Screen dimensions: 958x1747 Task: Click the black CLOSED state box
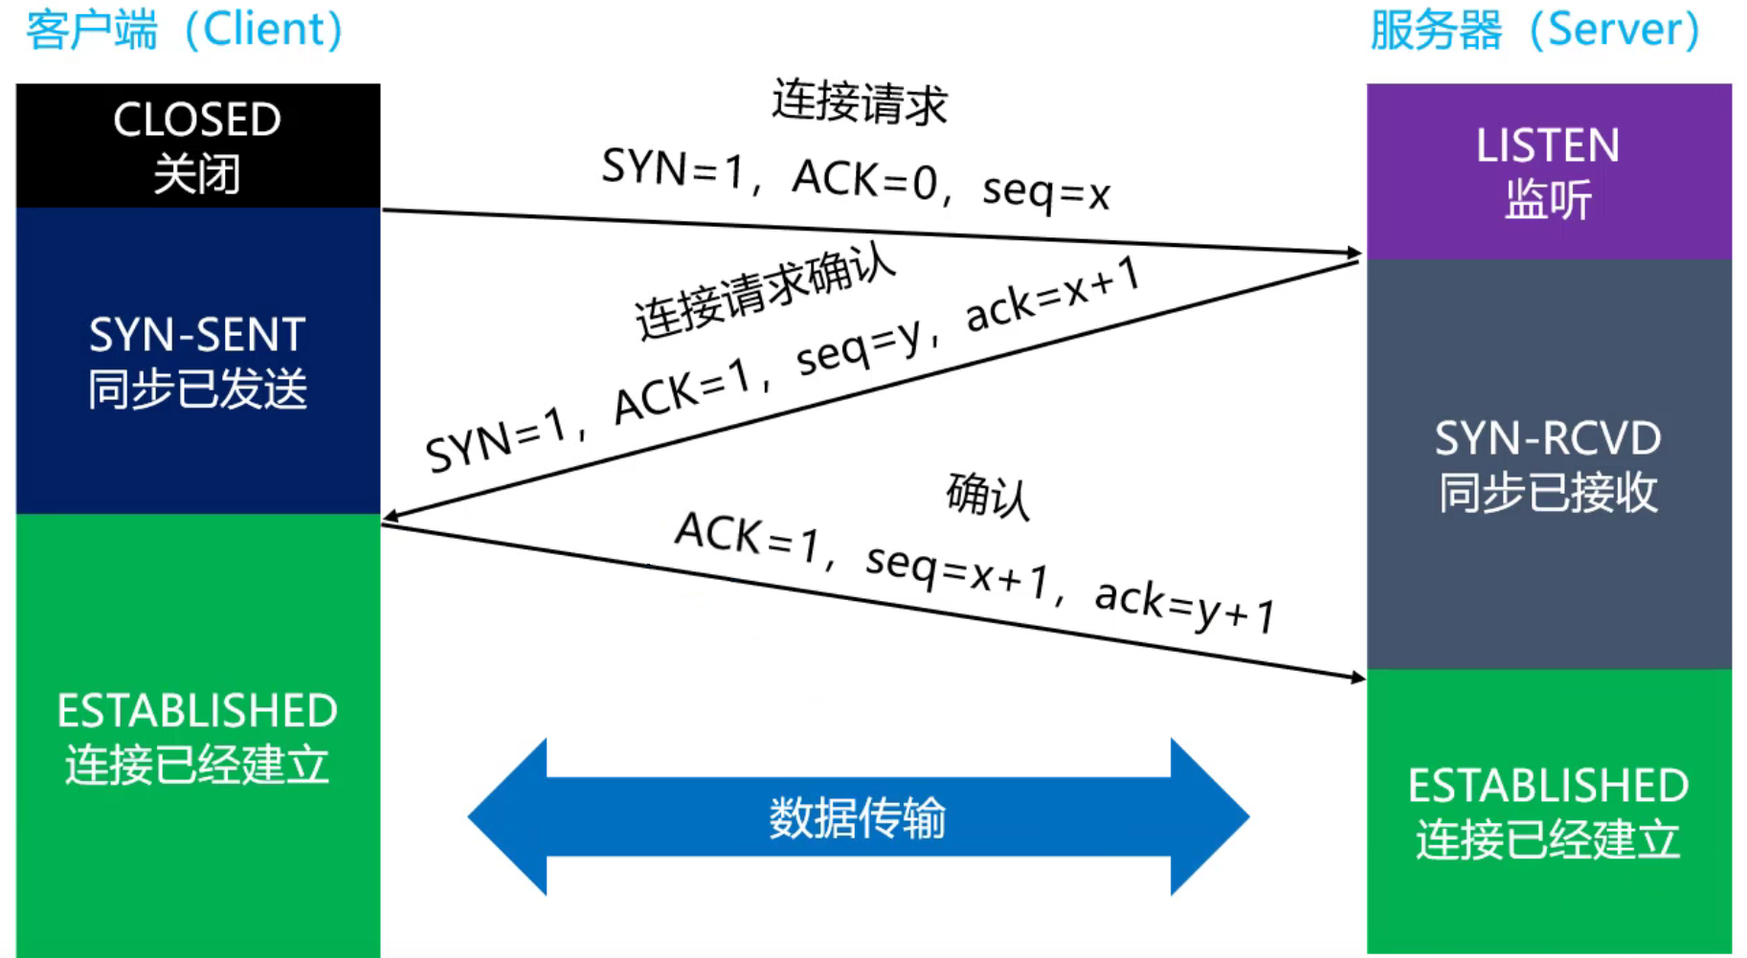pos(197,145)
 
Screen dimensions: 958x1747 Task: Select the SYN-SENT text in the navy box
pos(197,335)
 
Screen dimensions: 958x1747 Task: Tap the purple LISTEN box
pos(1548,171)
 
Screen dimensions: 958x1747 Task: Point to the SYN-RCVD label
pos(1548,439)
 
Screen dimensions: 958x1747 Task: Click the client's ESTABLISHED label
pos(197,711)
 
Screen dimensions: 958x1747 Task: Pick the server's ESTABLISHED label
pos(1548,786)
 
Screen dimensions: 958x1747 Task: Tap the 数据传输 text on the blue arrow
pos(858,818)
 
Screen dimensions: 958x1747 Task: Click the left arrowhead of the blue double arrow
pos(507,816)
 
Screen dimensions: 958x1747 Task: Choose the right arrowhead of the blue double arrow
pos(1210,816)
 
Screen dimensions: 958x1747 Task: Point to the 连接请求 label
pos(860,101)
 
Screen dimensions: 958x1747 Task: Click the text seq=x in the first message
pos(1046,191)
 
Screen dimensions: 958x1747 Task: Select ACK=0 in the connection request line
pos(864,179)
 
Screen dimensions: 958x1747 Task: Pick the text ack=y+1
pos(1185,606)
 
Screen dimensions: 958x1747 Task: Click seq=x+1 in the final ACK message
pos(956,570)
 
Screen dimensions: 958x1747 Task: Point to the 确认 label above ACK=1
pos(988,496)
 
